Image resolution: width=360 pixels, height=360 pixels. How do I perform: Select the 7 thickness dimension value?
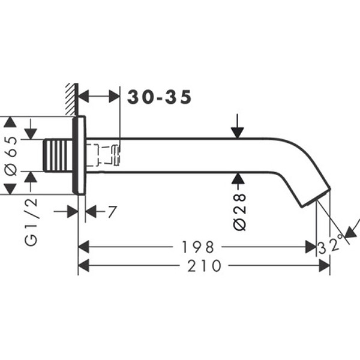point(111,212)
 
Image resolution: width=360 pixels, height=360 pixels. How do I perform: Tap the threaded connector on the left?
point(59,155)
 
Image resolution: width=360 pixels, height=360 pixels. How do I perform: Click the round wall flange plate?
point(79,155)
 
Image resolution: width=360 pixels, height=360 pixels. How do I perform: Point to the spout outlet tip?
point(318,199)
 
